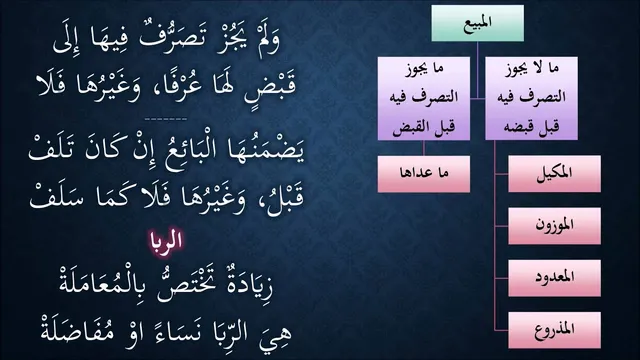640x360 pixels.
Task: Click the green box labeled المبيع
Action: pyautogui.click(x=478, y=23)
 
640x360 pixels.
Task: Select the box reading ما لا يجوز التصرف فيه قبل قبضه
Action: pyautogui.click(x=531, y=98)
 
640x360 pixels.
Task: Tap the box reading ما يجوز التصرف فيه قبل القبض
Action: pyautogui.click(x=424, y=98)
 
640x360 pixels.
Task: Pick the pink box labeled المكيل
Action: pyautogui.click(x=554, y=173)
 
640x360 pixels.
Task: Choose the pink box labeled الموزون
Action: pyautogui.click(x=554, y=226)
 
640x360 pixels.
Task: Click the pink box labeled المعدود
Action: pyautogui.click(x=554, y=278)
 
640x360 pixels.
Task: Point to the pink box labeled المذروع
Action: pyautogui.click(x=554, y=330)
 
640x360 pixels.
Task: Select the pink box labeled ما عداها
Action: pyautogui.click(x=424, y=174)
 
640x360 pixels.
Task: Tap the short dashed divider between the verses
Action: pyautogui.click(x=166, y=119)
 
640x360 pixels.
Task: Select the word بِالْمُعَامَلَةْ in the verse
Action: pyautogui.click(x=104, y=282)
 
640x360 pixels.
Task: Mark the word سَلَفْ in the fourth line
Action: pyautogui.click(x=56, y=198)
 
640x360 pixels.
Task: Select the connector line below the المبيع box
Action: pyautogui.click(x=478, y=70)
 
